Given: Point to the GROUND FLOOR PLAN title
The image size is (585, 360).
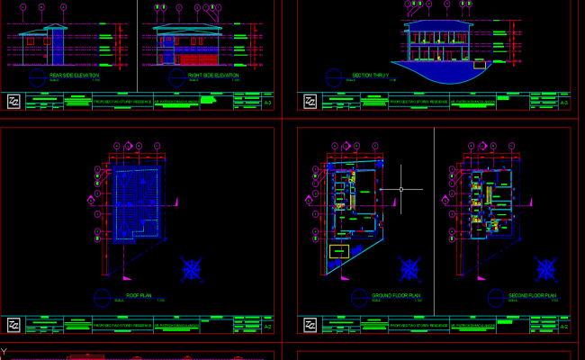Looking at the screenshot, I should (x=397, y=294).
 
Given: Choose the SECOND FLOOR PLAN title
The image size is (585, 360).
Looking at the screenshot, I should (x=534, y=294).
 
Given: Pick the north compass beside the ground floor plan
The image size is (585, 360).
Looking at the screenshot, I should (x=410, y=268).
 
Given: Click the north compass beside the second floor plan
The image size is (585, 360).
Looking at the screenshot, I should (x=545, y=267).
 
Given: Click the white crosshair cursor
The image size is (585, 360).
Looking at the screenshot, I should (x=401, y=190).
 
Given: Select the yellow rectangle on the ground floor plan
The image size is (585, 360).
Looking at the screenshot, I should (x=339, y=251).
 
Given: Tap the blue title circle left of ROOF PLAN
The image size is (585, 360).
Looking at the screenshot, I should (x=101, y=296).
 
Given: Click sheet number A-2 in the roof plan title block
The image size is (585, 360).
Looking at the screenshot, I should (x=267, y=327).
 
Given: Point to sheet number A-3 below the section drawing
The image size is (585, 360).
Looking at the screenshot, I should (x=564, y=104).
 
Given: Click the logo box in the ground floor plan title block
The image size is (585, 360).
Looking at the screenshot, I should (x=310, y=326).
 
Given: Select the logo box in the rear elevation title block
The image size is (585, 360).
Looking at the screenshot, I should (x=13, y=103).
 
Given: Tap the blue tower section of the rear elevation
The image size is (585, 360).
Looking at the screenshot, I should (x=57, y=47).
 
